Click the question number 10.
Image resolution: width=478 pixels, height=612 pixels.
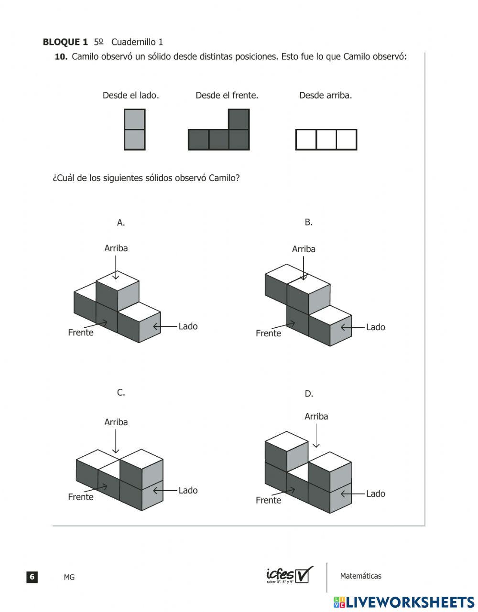pos(61,57)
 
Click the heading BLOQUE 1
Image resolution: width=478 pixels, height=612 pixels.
pos(65,42)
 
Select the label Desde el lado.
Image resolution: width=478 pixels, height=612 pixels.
pos(130,96)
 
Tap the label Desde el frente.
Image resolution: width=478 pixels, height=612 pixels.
pos(227,96)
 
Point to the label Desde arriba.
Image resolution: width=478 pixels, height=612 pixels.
pos(326,96)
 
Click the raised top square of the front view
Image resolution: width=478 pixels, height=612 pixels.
pos(239,119)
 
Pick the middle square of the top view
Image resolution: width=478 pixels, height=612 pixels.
pos(326,140)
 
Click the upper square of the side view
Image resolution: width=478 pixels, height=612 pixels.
pos(135,119)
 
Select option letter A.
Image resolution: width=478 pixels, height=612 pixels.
pos(121,222)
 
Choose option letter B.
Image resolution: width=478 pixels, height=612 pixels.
pos(308,222)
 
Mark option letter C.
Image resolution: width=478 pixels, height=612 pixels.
pos(121,393)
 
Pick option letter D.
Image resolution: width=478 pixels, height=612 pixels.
pos(309,394)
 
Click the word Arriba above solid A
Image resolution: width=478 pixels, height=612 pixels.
pos(116,248)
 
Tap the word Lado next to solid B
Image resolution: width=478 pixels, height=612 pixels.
pos(375,327)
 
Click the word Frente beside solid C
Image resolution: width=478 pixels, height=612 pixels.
pos(81,497)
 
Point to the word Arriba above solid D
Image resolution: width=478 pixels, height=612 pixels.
pos(316,417)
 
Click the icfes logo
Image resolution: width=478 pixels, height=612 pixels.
pos(289,575)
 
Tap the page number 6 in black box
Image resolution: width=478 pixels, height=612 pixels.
pos(32,577)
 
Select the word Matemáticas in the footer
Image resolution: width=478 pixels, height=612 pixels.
pos(360,576)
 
